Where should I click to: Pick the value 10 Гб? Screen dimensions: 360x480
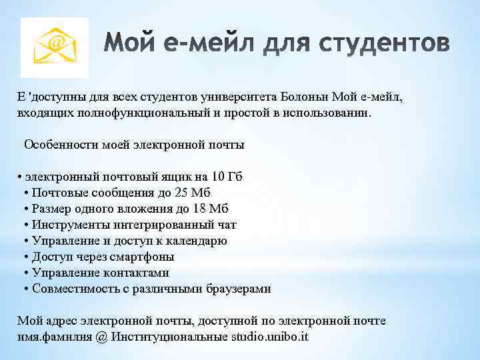pos(226,177)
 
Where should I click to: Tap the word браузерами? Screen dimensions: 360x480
pos(237,289)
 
